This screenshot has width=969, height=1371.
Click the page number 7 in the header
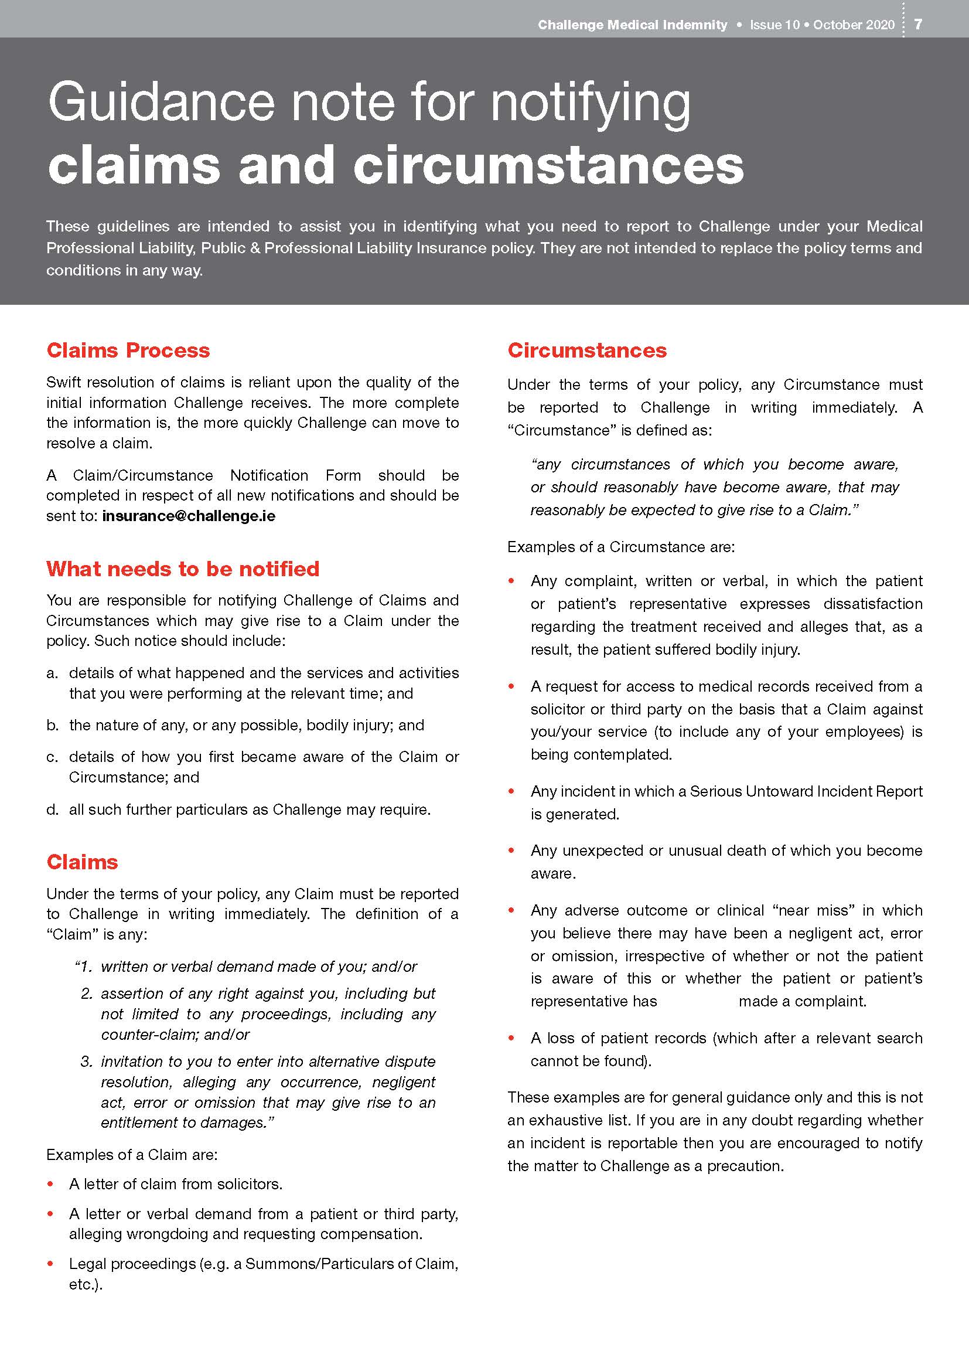coord(918,24)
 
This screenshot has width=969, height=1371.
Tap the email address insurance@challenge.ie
coord(189,516)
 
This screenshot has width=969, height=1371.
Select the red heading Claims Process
coord(128,351)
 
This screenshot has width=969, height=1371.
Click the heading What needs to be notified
coord(183,569)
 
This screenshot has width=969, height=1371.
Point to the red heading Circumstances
coord(586,351)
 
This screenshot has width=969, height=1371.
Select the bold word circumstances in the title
coord(548,165)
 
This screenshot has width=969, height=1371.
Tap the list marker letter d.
coord(52,809)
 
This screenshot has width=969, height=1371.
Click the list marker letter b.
coord(52,726)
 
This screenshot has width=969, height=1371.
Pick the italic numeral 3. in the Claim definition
coord(87,1062)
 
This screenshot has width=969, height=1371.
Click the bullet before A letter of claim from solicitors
coord(51,1184)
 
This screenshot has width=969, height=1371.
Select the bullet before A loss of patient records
coord(511,1039)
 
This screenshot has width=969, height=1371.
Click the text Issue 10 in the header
coord(774,25)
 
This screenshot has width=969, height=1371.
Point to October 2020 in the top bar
coord(853,25)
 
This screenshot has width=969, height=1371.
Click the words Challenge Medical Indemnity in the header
coord(632,25)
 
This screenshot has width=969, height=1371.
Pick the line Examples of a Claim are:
coord(132,1155)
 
